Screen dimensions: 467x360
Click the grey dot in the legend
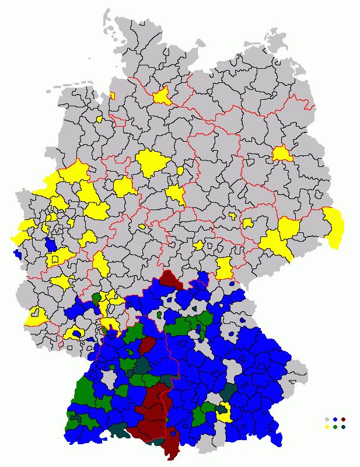coord(327,419)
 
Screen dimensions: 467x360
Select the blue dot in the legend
coord(335,419)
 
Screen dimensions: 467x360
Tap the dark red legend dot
coord(343,419)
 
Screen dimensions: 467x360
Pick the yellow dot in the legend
coord(327,427)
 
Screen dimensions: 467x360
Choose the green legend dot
coord(335,427)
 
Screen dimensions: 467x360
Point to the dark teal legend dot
coord(343,427)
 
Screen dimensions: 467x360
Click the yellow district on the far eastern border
coord(334,225)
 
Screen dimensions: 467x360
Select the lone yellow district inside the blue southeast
coord(223,412)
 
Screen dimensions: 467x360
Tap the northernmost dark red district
coord(171,280)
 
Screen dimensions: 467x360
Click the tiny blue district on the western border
coord(16,254)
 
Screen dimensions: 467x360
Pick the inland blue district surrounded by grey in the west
coord(51,243)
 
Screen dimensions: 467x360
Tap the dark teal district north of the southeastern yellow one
coord(229,391)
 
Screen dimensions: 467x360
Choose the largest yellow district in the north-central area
coord(152,163)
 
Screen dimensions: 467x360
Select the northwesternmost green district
coord(96,298)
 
